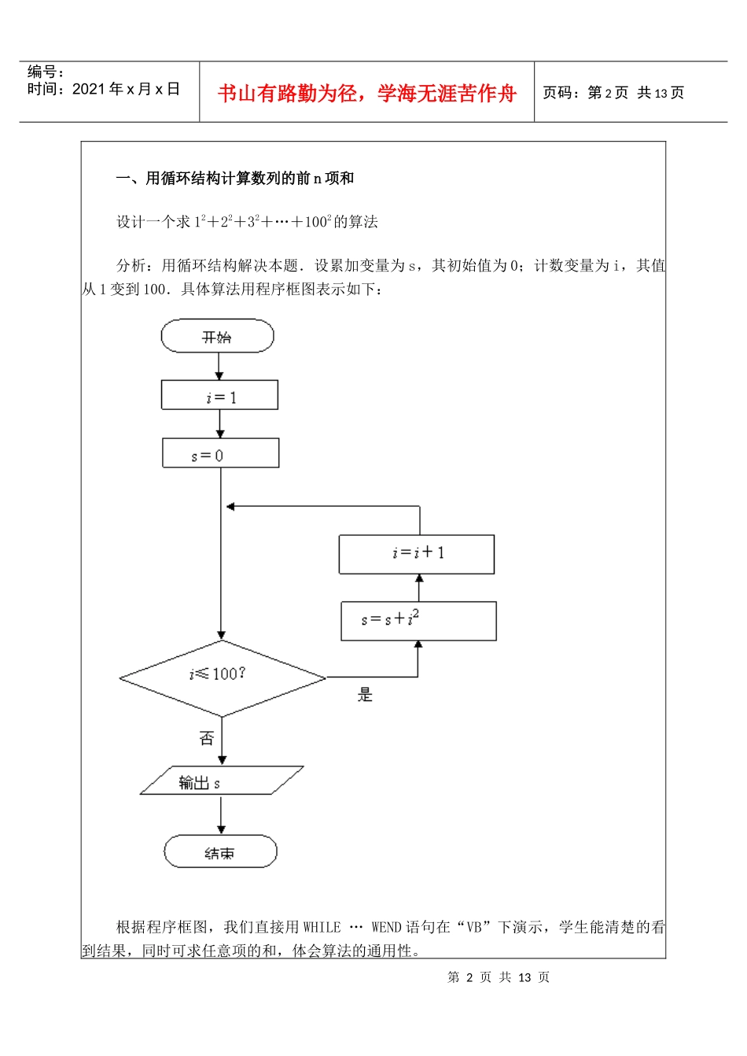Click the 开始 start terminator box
(217, 337)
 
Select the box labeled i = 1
(219, 396)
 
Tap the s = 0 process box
(220, 454)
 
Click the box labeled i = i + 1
(417, 554)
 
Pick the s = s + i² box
(418, 621)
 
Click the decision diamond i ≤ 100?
(222, 678)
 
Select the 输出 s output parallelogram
(221, 781)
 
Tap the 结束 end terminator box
(220, 852)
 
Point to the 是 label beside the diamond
(365, 695)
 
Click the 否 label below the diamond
(206, 738)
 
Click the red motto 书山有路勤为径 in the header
(366, 94)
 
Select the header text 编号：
(46, 72)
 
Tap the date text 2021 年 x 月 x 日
(104, 89)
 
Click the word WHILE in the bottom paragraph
(322, 928)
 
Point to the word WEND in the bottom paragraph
(386, 928)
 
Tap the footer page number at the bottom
(499, 977)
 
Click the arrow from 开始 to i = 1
(219, 366)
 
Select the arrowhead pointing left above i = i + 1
(230, 506)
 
